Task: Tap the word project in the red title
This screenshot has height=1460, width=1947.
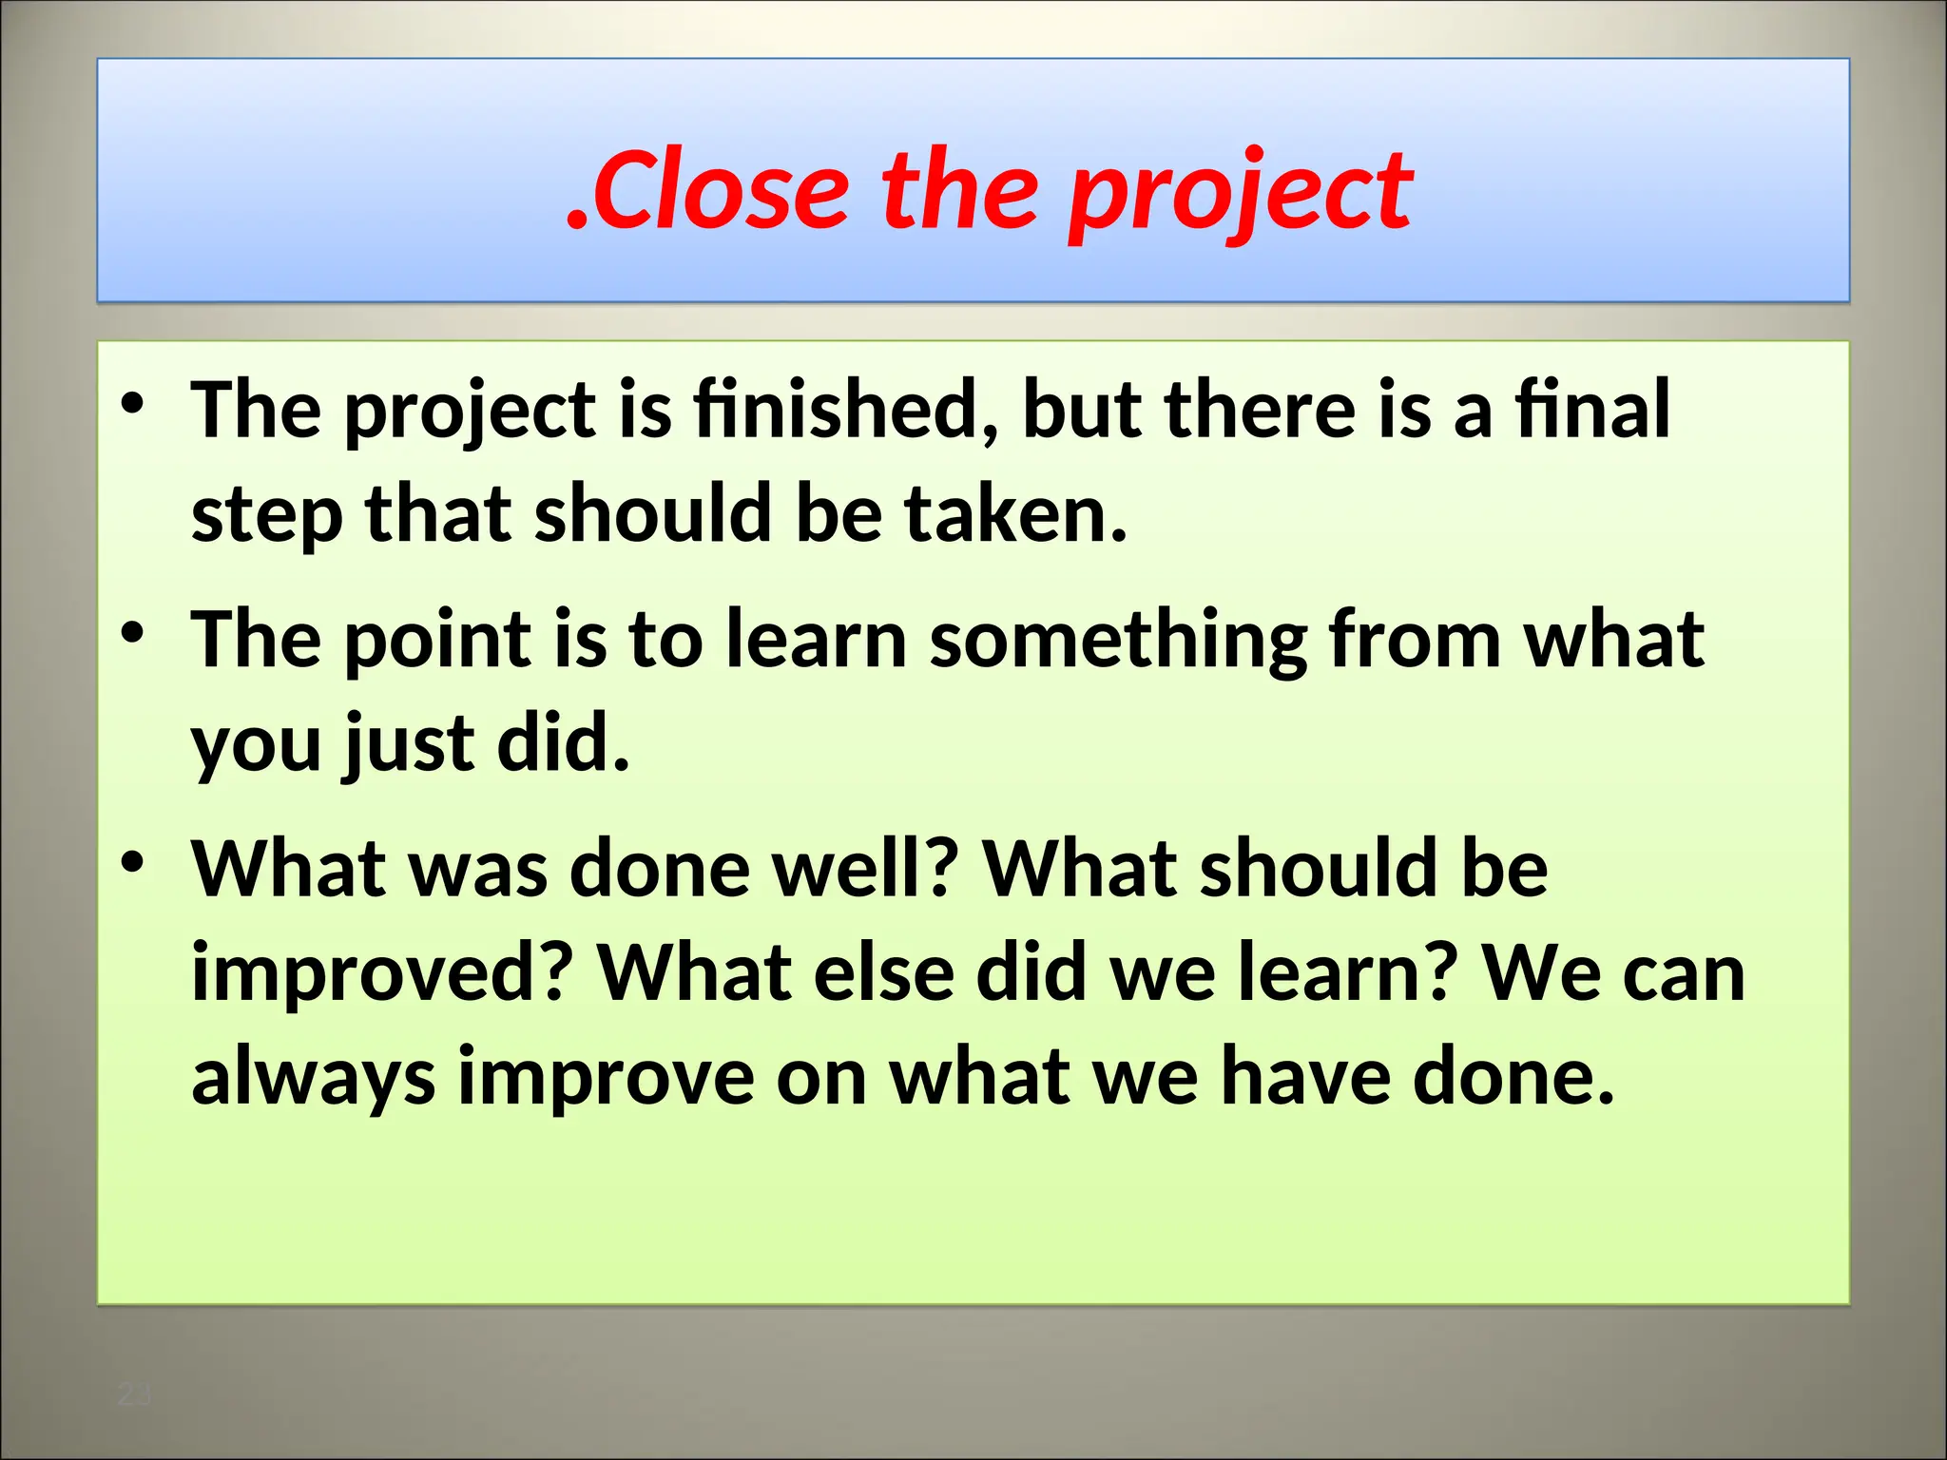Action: coord(1240,195)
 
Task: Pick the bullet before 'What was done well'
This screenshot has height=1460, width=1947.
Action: coord(132,862)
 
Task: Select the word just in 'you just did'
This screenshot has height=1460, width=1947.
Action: coord(409,743)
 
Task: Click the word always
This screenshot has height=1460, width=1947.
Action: coord(313,1077)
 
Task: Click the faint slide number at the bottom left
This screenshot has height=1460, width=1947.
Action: coord(134,1395)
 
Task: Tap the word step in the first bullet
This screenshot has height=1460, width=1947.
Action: coord(266,515)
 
